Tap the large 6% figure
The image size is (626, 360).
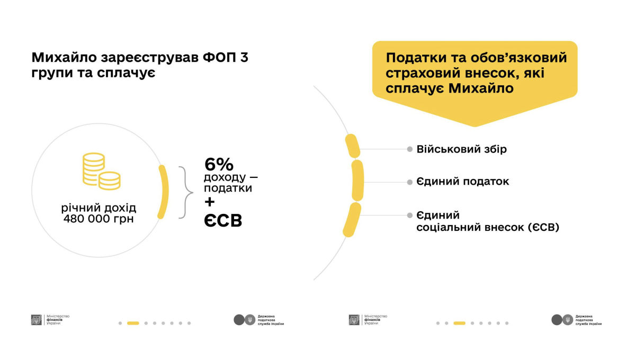219,165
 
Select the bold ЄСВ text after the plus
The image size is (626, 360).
223,221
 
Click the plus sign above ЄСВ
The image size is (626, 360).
210,202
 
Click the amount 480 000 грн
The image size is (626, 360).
99,218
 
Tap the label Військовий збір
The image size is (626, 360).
461,149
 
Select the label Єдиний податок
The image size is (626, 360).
462,182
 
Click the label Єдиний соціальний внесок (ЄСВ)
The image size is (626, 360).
487,221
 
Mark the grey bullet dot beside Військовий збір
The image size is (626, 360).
409,149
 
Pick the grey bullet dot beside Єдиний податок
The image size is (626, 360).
409,182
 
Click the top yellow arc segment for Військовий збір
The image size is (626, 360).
352,146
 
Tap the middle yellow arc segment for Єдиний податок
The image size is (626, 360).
357,180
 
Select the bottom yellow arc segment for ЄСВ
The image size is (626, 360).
352,219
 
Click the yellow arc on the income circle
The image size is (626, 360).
163,192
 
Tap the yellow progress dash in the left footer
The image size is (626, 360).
133,323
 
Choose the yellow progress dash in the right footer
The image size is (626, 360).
459,323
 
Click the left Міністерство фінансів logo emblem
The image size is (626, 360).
37,320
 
